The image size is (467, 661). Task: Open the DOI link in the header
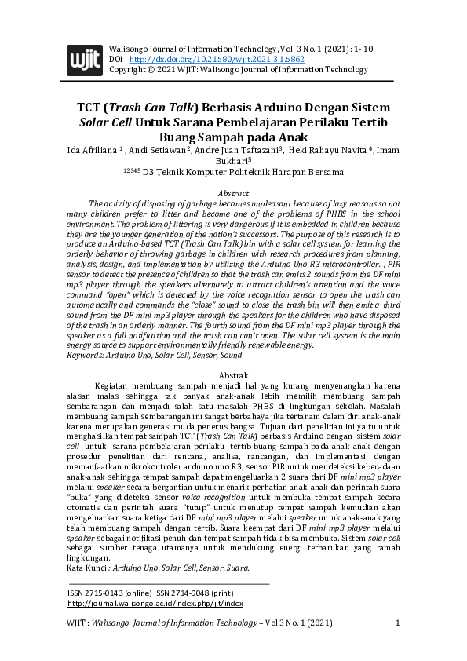pos(216,59)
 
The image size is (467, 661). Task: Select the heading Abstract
pos(233,193)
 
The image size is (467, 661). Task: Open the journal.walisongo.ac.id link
pos(155,604)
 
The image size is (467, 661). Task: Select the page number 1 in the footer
pos(398,623)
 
